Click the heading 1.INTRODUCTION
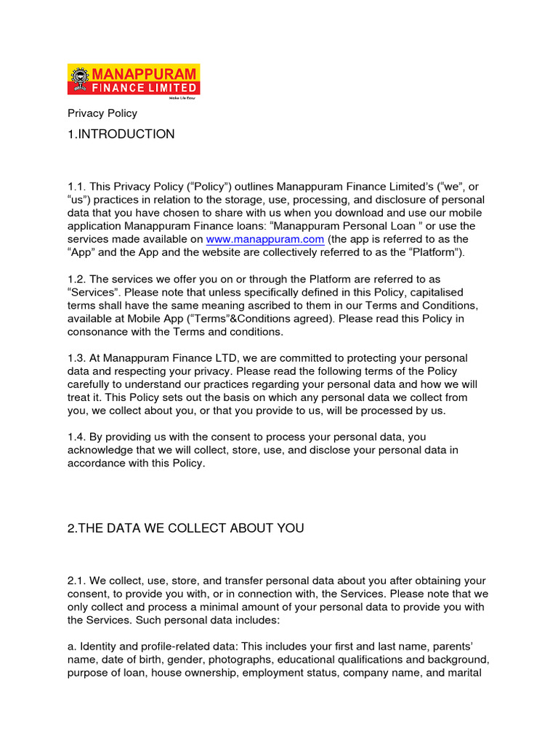(121, 134)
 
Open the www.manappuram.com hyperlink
(264, 239)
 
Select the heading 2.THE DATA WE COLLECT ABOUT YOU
(185, 528)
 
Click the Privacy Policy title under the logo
(102, 113)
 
